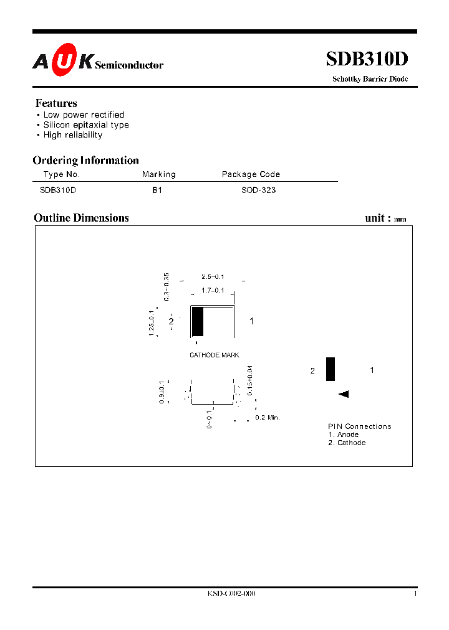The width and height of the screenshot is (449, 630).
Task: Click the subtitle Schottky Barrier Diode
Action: click(370, 79)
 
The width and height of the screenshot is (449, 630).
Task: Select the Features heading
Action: click(56, 103)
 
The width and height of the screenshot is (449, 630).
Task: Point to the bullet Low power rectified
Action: click(84, 115)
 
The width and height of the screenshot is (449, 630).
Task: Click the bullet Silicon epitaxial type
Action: click(86, 125)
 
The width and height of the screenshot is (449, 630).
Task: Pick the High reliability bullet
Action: click(73, 135)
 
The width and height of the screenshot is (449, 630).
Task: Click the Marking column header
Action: click(159, 175)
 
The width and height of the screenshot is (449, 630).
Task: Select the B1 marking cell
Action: click(157, 190)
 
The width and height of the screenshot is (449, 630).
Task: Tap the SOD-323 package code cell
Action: click(258, 190)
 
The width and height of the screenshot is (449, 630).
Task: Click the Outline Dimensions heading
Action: click(81, 218)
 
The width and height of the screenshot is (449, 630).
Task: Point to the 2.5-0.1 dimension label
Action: click(213, 277)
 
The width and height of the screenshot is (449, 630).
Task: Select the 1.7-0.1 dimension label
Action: click(213, 291)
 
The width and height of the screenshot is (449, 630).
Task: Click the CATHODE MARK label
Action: click(215, 355)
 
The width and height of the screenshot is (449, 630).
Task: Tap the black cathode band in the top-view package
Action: click(198, 322)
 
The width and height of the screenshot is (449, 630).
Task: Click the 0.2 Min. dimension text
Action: click(268, 418)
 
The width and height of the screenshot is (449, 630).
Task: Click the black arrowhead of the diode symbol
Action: click(343, 394)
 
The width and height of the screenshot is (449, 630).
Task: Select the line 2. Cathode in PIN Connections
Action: click(347, 443)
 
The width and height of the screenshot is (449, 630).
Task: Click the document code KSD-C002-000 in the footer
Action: click(231, 594)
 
